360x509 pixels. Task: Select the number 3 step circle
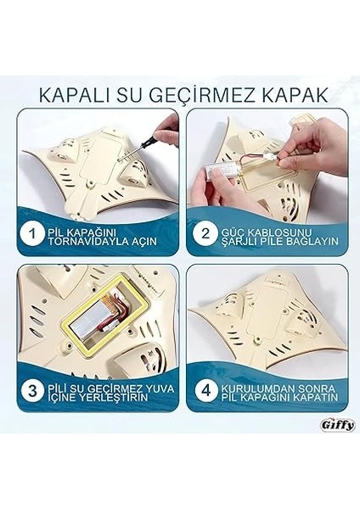click(31, 391)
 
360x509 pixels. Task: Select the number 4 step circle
click(204, 391)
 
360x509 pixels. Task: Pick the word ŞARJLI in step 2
click(250, 241)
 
